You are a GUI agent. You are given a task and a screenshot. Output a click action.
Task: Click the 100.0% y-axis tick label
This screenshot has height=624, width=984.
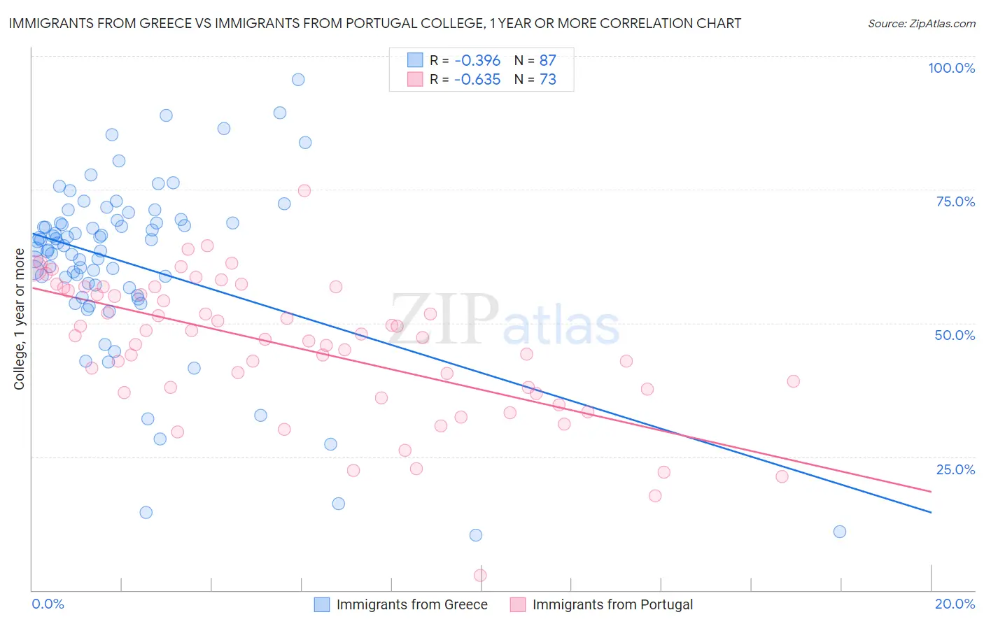[x=951, y=68]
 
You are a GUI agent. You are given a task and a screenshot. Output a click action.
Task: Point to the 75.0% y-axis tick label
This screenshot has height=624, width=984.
[x=955, y=201]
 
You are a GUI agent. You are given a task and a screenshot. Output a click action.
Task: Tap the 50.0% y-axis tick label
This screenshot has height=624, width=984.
[x=955, y=335]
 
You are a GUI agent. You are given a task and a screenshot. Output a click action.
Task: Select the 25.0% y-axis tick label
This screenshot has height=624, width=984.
[x=955, y=469]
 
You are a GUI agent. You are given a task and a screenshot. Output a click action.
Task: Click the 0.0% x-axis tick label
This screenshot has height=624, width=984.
[x=48, y=604]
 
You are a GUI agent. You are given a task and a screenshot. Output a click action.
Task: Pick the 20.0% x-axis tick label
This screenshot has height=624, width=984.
[x=955, y=604]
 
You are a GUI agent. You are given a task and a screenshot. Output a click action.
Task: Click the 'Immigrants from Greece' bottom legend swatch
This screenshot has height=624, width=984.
[x=321, y=604]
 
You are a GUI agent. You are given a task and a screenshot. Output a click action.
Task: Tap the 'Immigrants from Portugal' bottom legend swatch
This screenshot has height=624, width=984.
[x=517, y=604]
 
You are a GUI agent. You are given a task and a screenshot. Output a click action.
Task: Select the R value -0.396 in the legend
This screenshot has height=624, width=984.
[x=477, y=60]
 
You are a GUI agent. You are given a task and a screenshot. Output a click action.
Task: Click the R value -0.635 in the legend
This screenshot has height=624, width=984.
[x=477, y=79]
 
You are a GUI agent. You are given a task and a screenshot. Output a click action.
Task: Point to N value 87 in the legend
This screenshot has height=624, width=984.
[x=547, y=60]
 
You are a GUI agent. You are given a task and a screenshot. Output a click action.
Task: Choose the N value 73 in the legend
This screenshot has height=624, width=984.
[x=547, y=79]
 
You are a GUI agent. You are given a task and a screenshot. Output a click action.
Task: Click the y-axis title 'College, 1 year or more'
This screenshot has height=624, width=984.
[x=20, y=319]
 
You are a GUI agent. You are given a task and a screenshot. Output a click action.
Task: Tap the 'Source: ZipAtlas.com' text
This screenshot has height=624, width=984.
[x=921, y=24]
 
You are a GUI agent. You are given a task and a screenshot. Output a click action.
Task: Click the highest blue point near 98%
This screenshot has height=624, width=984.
[x=298, y=80]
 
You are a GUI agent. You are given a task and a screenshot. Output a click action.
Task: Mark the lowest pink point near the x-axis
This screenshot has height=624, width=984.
[x=480, y=575]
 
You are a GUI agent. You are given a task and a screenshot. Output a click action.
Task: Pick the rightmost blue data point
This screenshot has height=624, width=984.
[x=840, y=532]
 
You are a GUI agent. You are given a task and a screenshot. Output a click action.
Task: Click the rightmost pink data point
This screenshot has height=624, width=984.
[x=793, y=381]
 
